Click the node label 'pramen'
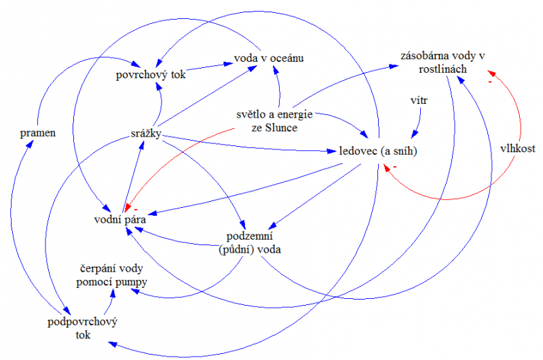pyautogui.click(x=38, y=133)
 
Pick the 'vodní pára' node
pyautogui.click(x=119, y=219)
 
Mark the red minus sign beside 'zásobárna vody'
pyautogui.click(x=489, y=82)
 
